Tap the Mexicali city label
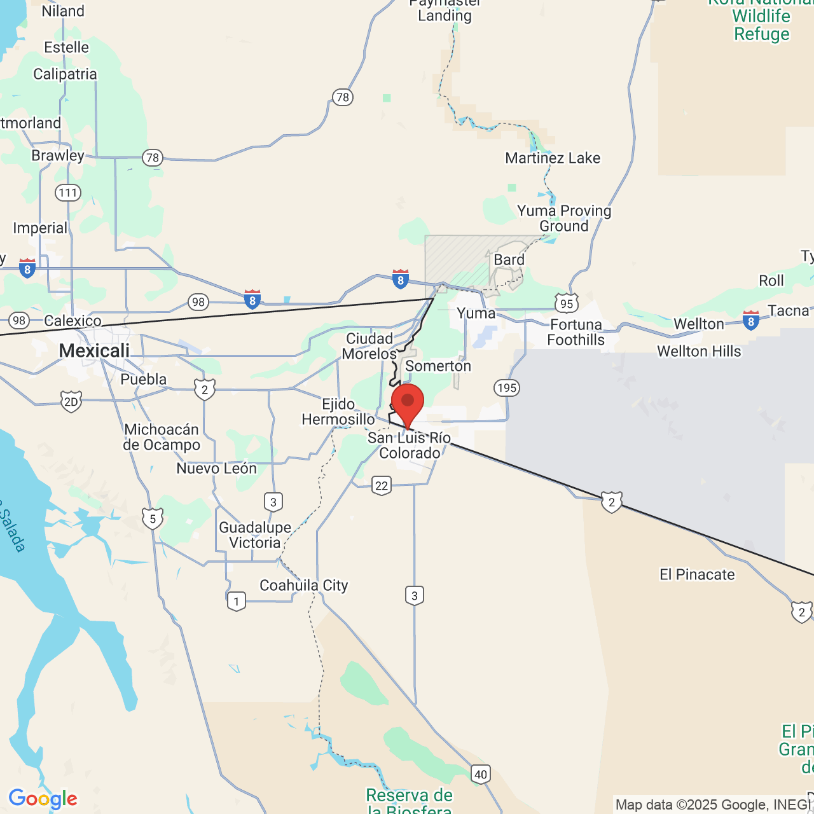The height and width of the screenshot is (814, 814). tap(94, 350)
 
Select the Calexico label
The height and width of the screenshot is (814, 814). tap(72, 321)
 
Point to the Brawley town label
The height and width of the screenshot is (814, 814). tap(58, 155)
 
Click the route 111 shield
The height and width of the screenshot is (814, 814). tap(68, 193)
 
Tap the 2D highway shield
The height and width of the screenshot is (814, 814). tap(71, 401)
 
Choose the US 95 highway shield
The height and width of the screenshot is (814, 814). tap(566, 303)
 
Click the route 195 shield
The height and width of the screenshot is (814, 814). tap(507, 388)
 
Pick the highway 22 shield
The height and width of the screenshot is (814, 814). tap(382, 486)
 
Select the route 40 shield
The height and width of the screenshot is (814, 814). tap(481, 774)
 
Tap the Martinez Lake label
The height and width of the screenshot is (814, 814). tap(553, 158)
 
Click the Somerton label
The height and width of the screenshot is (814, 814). tap(438, 366)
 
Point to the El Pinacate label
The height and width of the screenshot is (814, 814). tap(697, 574)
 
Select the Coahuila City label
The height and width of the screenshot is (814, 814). tap(304, 585)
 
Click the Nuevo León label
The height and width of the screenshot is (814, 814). tap(216, 468)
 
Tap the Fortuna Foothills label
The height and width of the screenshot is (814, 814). tap(576, 332)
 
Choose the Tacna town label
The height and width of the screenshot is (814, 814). tap(789, 310)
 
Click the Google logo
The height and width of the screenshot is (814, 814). tap(43, 798)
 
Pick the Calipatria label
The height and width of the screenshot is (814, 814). tap(65, 74)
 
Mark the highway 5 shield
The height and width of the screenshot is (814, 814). tap(153, 519)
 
